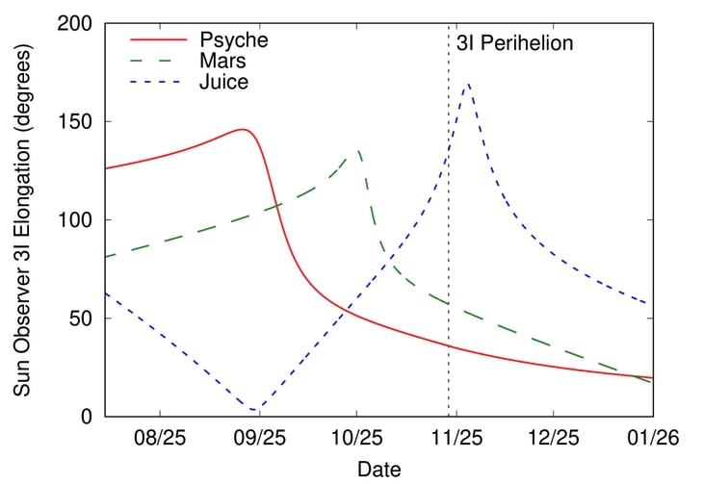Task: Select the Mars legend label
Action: [x=222, y=62]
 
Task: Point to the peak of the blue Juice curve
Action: [x=468, y=85]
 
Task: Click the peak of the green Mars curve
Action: [x=358, y=150]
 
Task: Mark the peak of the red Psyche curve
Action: [x=245, y=129]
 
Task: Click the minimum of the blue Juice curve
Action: [x=253, y=410]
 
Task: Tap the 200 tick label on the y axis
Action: [x=76, y=24]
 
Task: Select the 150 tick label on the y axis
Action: [x=76, y=122]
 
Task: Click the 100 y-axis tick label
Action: [x=76, y=220]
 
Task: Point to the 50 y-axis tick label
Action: [x=81, y=318]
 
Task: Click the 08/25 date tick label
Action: [x=160, y=438]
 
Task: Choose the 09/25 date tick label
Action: [x=259, y=438]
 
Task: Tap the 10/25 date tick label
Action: [x=356, y=438]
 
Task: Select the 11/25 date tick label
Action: [x=456, y=438]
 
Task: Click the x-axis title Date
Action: [x=378, y=469]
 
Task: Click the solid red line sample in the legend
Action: [x=157, y=40]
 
